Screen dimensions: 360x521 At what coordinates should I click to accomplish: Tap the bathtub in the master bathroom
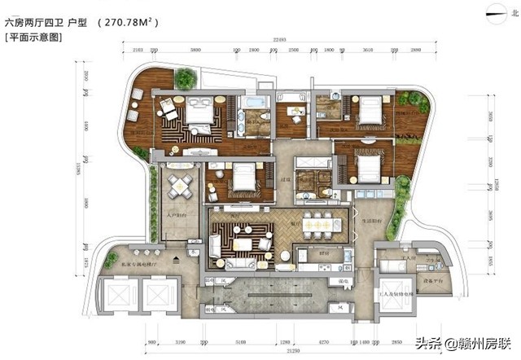pos(255,103)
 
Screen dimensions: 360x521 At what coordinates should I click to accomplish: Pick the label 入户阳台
pos(178,217)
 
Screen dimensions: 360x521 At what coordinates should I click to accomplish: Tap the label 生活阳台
pos(371,218)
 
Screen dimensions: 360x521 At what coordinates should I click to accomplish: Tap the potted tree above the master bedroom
pos(186,78)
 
